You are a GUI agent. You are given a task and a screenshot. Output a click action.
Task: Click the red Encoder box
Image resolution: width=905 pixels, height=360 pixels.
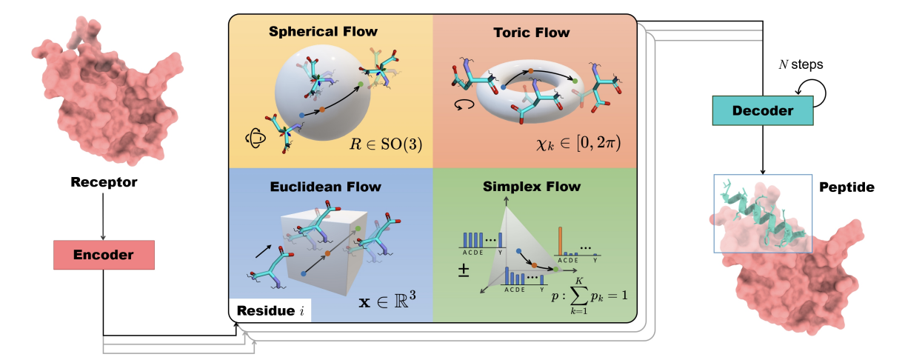tap(104, 255)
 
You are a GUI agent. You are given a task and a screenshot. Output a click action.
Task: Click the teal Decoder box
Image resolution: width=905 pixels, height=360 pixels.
tap(762, 110)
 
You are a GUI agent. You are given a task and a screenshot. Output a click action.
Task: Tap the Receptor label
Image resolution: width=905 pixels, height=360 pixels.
tap(103, 181)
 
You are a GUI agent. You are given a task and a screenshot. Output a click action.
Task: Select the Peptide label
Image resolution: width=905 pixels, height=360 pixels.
tap(846, 188)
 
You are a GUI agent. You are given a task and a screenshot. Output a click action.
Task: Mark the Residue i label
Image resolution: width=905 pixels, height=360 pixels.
tap(269, 310)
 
